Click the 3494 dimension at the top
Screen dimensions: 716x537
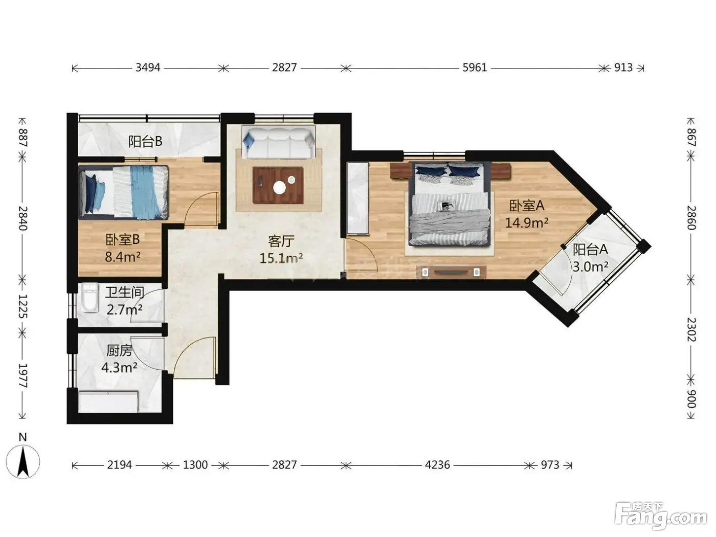point(148,68)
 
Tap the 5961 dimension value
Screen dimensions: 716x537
point(475,68)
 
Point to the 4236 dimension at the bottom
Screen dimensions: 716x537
point(437,464)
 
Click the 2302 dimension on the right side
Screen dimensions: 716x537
point(690,330)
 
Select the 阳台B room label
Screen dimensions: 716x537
point(145,142)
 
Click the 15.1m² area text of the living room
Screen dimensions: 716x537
point(281,258)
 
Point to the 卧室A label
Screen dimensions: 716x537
point(526,206)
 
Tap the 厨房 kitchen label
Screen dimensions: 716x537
point(119,351)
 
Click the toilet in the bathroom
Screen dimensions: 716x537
point(89,297)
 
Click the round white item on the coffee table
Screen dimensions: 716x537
point(280,187)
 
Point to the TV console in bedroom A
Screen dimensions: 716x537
point(451,272)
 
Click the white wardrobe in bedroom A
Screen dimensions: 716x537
point(358,198)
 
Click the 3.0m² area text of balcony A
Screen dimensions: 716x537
point(590,266)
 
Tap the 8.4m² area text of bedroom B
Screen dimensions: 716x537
point(122,257)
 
